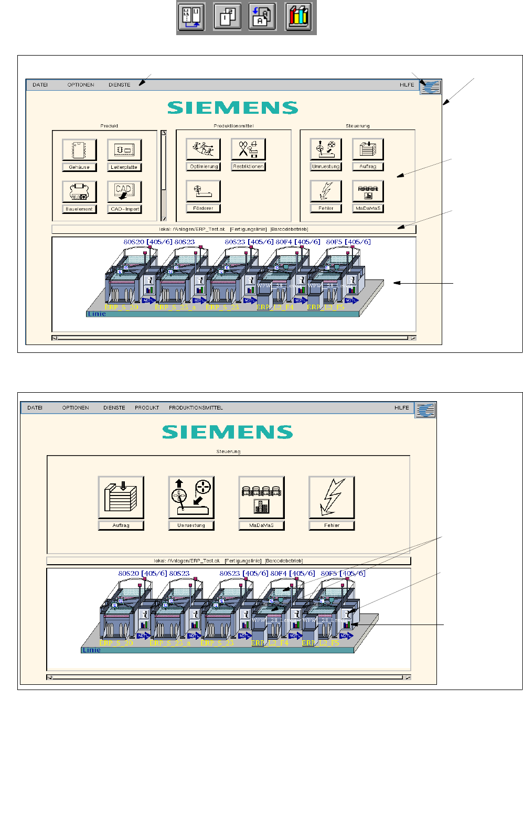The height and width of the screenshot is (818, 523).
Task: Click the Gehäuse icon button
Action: pyautogui.click(x=79, y=150)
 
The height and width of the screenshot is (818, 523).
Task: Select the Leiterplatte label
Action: pyautogui.click(x=124, y=167)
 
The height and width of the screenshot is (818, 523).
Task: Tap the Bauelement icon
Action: pyautogui.click(x=79, y=192)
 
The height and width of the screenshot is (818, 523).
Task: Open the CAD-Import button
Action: pyautogui.click(x=124, y=192)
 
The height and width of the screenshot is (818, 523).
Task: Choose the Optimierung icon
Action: pyautogui.click(x=203, y=149)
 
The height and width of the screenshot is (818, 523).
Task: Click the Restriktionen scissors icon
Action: pyautogui.click(x=248, y=149)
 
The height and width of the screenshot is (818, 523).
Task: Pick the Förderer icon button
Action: pyautogui.click(x=203, y=191)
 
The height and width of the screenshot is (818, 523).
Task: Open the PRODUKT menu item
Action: pyautogui.click(x=147, y=408)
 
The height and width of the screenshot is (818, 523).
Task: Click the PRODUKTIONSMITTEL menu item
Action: pyautogui.click(x=196, y=408)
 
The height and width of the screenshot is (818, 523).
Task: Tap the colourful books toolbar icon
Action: pyautogui.click(x=299, y=17)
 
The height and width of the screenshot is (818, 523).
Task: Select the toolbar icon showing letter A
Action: pyautogui.click(x=262, y=17)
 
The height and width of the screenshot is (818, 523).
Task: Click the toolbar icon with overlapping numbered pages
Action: pyautogui.click(x=227, y=17)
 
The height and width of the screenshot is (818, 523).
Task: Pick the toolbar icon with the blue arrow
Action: pyautogui.click(x=191, y=17)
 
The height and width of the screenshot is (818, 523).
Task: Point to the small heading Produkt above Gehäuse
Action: pyautogui.click(x=109, y=126)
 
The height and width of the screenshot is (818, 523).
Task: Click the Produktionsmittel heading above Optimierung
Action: pyautogui.click(x=233, y=126)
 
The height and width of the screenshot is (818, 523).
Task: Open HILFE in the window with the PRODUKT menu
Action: pyautogui.click(x=402, y=408)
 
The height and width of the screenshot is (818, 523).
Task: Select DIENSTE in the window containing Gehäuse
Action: pyautogui.click(x=120, y=85)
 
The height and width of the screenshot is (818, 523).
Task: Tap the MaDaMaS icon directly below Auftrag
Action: pyautogui.click(x=368, y=191)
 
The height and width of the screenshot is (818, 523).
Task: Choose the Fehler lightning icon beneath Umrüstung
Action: pyautogui.click(x=326, y=191)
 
